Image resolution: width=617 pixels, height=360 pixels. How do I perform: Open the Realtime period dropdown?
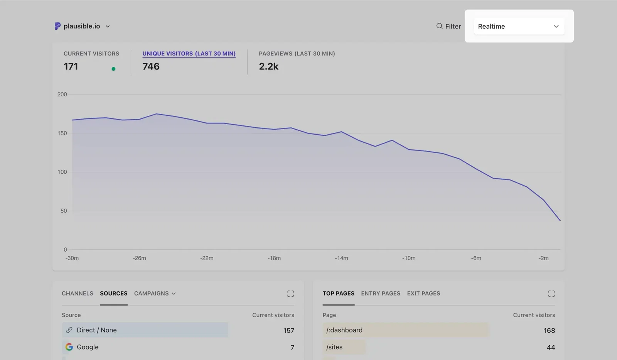[519, 26]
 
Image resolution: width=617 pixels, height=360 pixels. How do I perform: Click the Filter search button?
[448, 26]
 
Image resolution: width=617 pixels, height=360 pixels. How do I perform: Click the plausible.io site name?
[81, 26]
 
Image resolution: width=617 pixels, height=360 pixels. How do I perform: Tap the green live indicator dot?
[113, 69]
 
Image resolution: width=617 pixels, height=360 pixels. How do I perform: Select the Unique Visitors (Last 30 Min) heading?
[189, 54]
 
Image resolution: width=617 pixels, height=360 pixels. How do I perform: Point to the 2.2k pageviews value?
[268, 66]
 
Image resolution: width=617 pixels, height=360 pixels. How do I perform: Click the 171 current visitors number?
[71, 66]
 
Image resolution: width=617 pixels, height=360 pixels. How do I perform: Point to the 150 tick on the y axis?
[62, 133]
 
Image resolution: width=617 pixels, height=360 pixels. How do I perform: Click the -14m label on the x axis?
[341, 258]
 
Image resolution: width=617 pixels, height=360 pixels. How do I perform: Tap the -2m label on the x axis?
[543, 258]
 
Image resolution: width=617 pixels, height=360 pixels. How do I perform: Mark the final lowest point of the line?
[560, 221]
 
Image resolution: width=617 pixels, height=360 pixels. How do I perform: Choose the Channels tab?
[78, 293]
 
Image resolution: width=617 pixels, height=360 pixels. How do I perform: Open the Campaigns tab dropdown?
[155, 293]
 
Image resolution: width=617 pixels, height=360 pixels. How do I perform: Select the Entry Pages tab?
[381, 293]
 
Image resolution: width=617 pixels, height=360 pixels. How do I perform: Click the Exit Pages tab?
[423, 293]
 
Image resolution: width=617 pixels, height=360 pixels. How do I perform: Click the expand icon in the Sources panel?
[290, 294]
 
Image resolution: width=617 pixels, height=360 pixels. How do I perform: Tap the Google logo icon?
[69, 347]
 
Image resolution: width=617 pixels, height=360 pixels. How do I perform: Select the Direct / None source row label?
[96, 330]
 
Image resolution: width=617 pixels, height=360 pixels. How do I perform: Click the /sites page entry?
[334, 347]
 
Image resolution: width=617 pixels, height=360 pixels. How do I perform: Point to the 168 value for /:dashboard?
[549, 331]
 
